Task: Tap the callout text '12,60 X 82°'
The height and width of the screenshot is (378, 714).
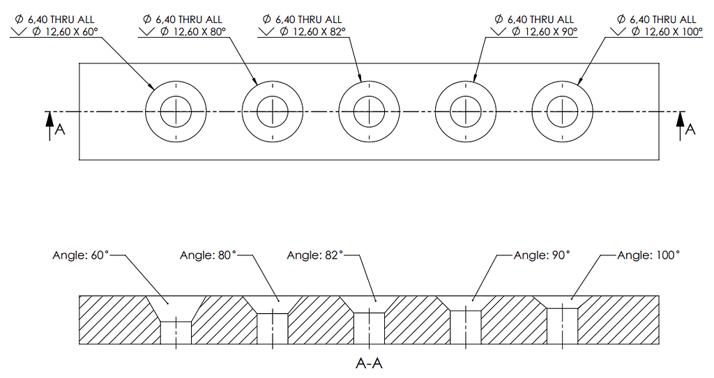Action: tap(310, 31)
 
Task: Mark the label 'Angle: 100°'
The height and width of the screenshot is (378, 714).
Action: tap(648, 256)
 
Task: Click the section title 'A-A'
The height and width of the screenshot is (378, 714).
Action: tap(369, 363)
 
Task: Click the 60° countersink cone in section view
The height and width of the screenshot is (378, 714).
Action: tap(176, 308)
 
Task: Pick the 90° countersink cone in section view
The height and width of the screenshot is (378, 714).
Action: tap(466, 303)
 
